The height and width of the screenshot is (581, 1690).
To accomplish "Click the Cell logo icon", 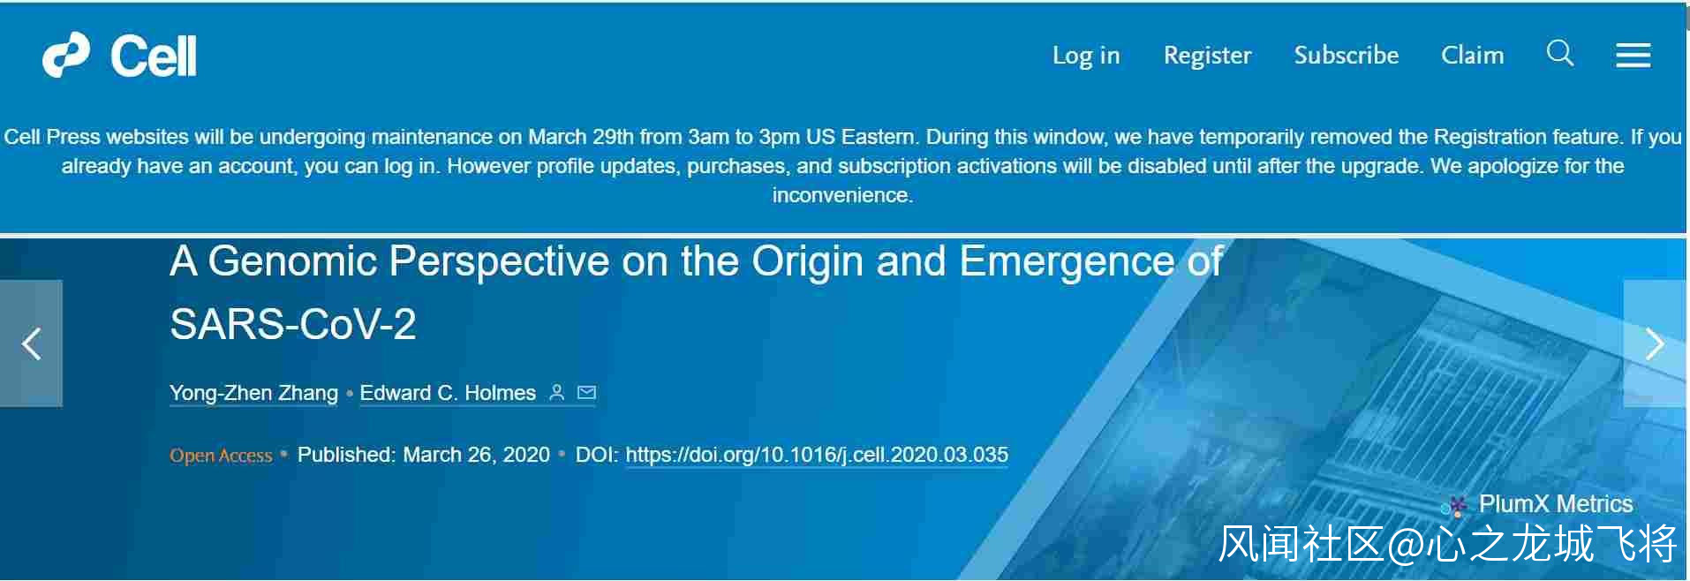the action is pyautogui.click(x=66, y=55).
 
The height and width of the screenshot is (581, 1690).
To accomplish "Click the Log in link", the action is pyautogui.click(x=1086, y=56).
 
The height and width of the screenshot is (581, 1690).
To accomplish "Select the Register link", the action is pyautogui.click(x=1207, y=56).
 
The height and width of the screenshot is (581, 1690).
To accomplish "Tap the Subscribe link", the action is pyautogui.click(x=1347, y=55).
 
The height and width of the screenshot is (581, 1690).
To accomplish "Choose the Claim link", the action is pyautogui.click(x=1472, y=55).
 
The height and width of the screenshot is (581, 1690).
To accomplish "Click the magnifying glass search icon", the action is pyautogui.click(x=1560, y=53).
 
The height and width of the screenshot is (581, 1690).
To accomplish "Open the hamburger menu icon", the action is pyautogui.click(x=1633, y=56).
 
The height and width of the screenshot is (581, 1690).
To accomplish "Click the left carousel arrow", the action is pyautogui.click(x=32, y=343).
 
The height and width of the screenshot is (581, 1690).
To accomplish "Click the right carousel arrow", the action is pyautogui.click(x=1655, y=343).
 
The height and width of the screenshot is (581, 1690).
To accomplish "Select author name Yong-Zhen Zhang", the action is pyautogui.click(x=253, y=393).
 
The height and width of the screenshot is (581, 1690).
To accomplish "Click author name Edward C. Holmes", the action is pyautogui.click(x=448, y=393).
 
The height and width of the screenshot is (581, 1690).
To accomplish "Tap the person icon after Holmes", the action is pyautogui.click(x=556, y=392).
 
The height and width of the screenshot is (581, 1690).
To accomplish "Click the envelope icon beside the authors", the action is pyautogui.click(x=586, y=392).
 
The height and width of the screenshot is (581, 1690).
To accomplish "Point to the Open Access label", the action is pyautogui.click(x=221, y=456).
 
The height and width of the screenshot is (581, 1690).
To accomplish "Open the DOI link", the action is pyautogui.click(x=817, y=455).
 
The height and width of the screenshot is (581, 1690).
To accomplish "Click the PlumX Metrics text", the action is pyautogui.click(x=1556, y=504).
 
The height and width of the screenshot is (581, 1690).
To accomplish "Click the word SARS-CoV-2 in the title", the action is pyautogui.click(x=293, y=324).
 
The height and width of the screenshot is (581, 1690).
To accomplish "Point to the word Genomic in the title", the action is pyautogui.click(x=293, y=261).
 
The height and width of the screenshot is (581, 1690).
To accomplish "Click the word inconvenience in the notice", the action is pyautogui.click(x=842, y=195).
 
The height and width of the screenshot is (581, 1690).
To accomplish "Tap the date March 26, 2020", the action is pyautogui.click(x=477, y=455).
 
